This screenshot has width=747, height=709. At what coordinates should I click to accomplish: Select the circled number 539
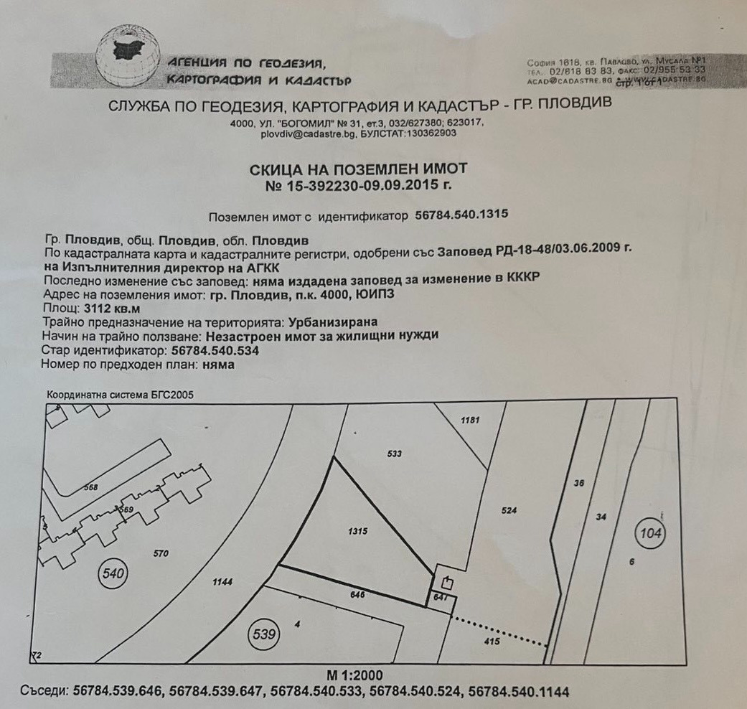pos(263,634)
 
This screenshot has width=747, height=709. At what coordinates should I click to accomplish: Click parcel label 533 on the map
pos(394,454)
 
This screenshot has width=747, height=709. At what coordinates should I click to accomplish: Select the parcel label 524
pos(509,511)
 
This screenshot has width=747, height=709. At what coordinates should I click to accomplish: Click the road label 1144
pos(223,583)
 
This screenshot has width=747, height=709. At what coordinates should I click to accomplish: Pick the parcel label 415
pos(492,642)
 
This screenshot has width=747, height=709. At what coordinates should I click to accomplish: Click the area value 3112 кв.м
pos(103,309)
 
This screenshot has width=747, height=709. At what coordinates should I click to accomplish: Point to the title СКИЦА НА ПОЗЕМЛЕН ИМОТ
pos(358,169)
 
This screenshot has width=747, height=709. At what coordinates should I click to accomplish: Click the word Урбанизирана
pos(332,322)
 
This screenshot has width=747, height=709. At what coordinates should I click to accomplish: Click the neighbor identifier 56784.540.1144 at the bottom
pos(519,692)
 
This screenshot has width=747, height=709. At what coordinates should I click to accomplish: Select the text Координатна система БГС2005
pos(120,395)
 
